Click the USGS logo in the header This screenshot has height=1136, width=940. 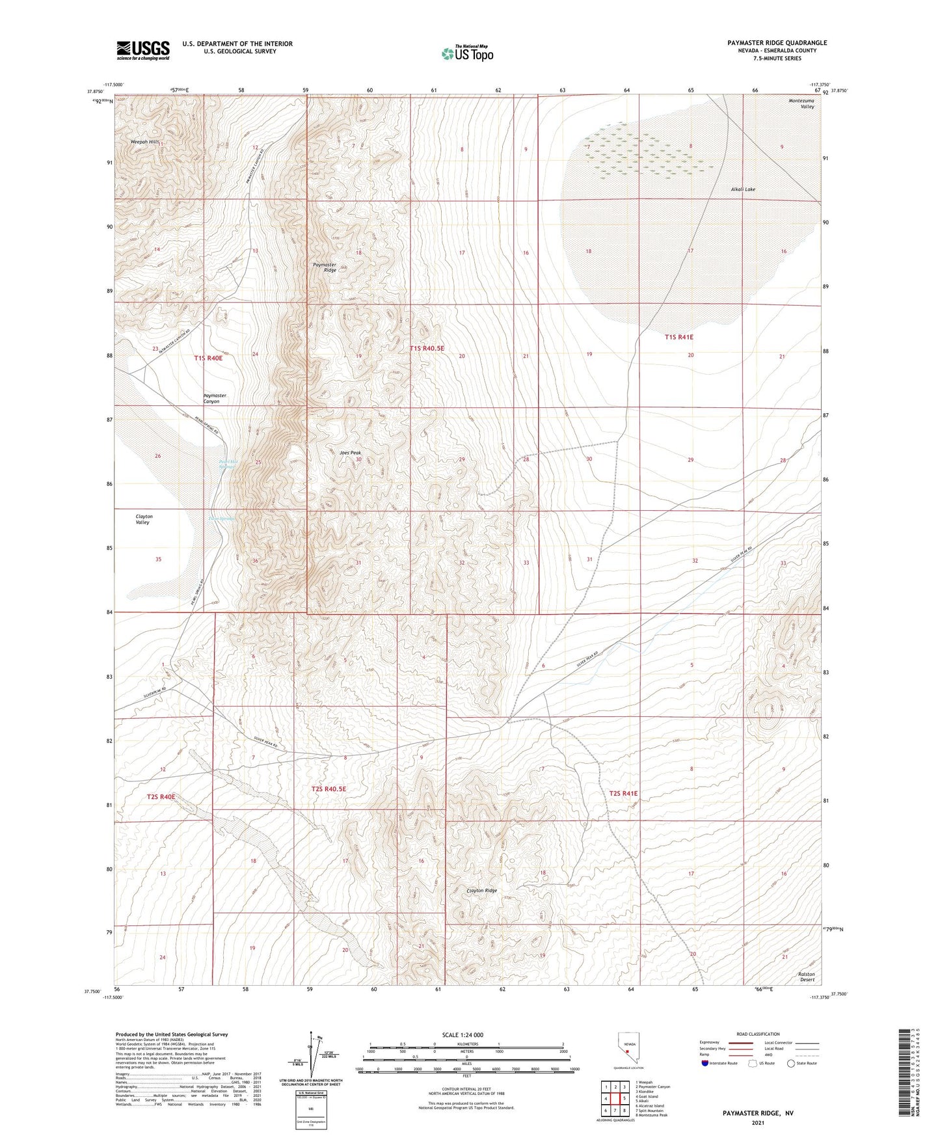coord(143,50)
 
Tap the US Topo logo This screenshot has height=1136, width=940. coord(467,53)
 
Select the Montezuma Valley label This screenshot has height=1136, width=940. coord(801,103)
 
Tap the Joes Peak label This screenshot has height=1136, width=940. coord(350,453)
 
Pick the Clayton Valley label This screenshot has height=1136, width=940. coord(143,519)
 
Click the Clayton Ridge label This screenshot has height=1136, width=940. coord(481,891)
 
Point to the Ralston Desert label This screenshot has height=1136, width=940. coord(806,977)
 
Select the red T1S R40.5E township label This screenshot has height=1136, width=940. coord(427,349)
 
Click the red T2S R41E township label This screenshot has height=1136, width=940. coord(623,793)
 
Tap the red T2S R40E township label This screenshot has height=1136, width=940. coord(161,796)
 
